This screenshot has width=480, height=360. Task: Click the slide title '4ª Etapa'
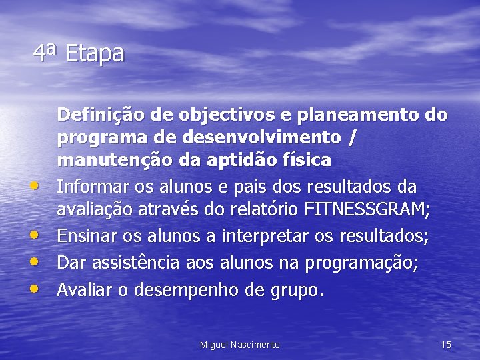point(79,53)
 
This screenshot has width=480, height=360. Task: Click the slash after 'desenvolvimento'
point(352,138)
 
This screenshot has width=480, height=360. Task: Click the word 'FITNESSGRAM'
point(366,209)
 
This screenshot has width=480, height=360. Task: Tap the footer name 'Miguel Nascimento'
point(240,345)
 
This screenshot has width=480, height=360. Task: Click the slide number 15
point(446,345)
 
